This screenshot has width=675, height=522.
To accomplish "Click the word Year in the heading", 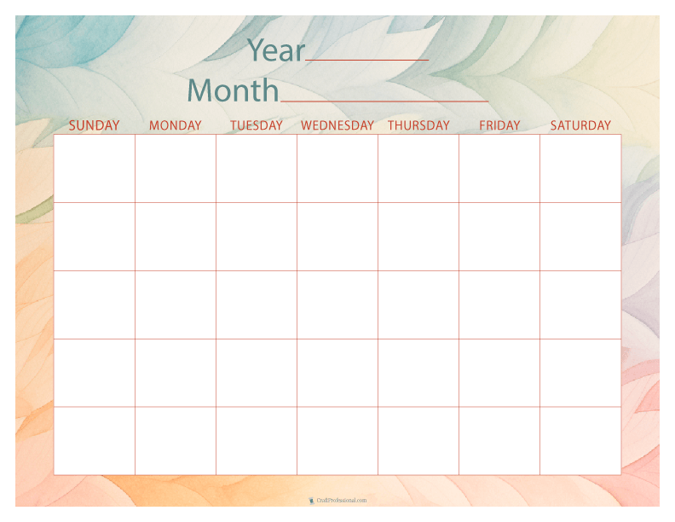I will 275,51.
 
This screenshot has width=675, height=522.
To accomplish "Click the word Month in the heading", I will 233,90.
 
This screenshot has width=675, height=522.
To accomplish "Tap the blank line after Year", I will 367,58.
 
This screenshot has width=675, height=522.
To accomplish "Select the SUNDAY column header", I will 94,125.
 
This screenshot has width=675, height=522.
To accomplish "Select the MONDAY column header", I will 176,125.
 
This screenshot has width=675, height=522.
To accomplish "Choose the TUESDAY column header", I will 257,125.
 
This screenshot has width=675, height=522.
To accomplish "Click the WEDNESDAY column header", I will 337,125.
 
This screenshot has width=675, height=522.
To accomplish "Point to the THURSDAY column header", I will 418,125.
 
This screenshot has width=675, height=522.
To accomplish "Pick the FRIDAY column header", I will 499,125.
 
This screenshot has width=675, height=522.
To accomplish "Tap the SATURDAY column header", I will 580,125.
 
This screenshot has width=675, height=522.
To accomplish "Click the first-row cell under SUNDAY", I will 95,169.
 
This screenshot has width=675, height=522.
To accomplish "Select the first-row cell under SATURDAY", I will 580,169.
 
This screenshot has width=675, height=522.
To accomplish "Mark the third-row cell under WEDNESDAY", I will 337,305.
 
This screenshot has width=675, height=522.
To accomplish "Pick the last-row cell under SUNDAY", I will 95,441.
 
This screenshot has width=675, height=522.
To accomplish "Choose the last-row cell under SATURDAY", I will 580,441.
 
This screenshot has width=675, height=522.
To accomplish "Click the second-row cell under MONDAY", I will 176,237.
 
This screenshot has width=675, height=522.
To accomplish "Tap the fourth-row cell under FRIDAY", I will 499,373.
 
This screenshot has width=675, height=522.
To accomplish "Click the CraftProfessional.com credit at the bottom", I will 338,501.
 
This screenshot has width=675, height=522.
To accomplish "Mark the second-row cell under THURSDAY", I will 418,237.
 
